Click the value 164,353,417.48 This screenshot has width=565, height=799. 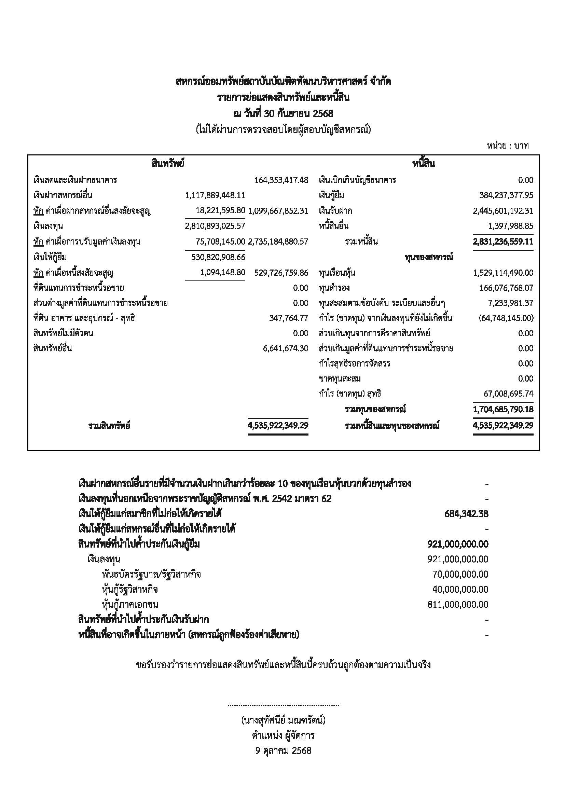point(281,180)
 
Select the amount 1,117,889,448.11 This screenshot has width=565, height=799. point(215,195)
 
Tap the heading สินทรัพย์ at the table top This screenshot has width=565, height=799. point(168,164)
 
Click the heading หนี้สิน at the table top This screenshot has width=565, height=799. point(423,164)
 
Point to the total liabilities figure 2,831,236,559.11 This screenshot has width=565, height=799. point(503,242)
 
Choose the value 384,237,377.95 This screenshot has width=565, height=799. point(506,195)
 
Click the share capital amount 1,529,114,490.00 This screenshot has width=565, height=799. point(503,273)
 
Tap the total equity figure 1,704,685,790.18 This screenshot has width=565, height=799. point(503,409)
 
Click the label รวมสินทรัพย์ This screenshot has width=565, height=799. point(109,426)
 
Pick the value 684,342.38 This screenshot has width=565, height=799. point(466,514)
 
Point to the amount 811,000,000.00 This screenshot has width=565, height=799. point(458,605)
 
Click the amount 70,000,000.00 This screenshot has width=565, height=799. point(460,574)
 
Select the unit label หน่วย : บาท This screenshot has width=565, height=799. point(508,146)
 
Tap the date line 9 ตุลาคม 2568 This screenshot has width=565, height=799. point(283,750)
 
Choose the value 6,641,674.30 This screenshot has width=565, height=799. point(285,348)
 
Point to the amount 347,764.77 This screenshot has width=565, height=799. point(288,318)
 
